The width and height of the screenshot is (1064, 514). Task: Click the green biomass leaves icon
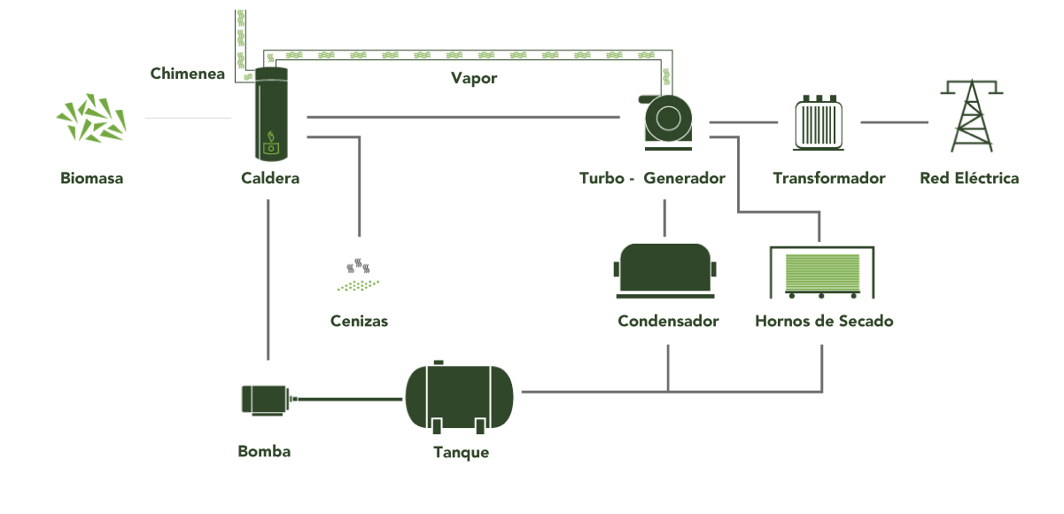tap(91, 118)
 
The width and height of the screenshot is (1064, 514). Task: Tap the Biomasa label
tap(91, 178)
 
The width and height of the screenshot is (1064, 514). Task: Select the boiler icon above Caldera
tap(270, 113)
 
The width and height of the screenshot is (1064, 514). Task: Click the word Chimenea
tap(187, 74)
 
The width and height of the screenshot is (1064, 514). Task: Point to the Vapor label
tap(474, 78)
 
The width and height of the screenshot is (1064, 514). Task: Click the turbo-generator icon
tap(667, 117)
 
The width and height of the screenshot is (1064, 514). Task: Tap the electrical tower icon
tap(971, 115)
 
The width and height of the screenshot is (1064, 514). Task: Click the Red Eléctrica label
tap(969, 178)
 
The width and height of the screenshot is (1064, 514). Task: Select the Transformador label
tap(828, 178)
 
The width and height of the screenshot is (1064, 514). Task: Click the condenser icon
tap(665, 269)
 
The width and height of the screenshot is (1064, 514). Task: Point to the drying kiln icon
tap(821, 273)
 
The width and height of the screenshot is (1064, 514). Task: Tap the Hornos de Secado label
tap(824, 321)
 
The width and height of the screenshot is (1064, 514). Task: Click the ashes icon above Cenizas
tap(359, 276)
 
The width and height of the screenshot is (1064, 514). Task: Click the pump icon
tap(266, 399)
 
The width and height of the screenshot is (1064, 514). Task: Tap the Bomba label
tap(264, 451)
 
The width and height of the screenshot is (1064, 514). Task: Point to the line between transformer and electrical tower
tap(894, 122)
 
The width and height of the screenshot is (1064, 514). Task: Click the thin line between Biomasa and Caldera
tap(188, 118)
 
